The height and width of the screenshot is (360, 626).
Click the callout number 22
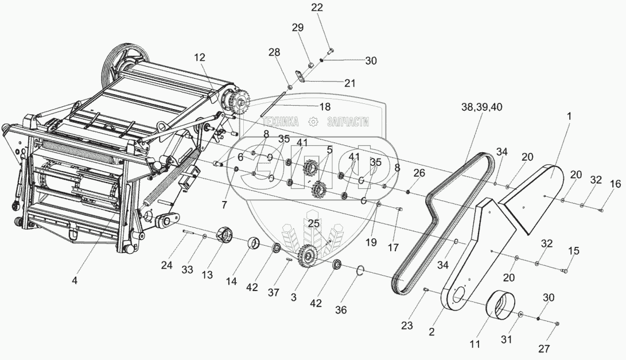317,7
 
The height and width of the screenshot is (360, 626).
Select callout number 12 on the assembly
199,57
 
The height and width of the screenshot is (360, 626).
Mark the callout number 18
325,107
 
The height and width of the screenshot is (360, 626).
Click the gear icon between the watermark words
313,122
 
